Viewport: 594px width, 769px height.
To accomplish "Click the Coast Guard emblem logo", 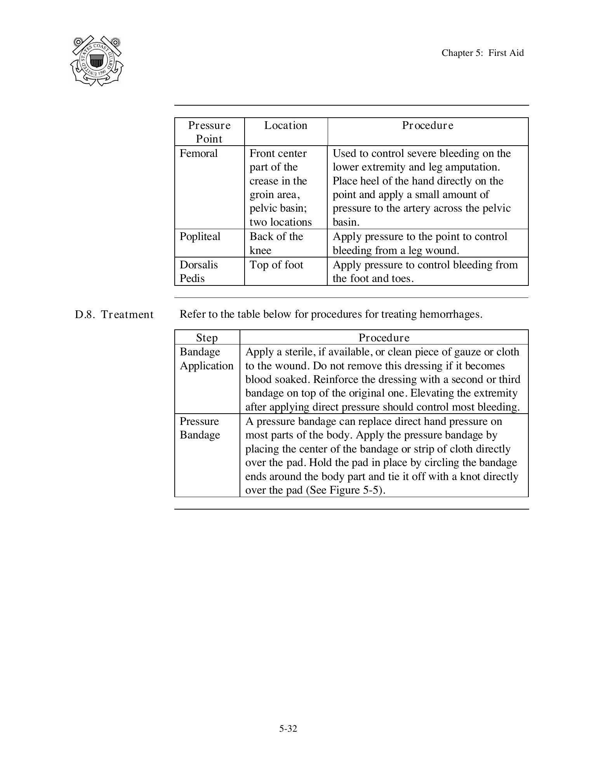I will (97, 61).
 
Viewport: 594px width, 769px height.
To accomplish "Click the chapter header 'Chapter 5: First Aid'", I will (482, 53).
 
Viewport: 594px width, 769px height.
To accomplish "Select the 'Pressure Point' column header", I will (209, 132).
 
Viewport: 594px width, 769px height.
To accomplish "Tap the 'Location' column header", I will (286, 125).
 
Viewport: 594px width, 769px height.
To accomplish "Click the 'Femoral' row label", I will (198, 153).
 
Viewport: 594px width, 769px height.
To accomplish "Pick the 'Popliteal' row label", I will (200, 237).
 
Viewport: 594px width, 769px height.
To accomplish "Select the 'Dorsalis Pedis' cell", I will (198, 271).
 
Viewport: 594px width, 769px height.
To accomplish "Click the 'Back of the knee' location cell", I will (276, 243).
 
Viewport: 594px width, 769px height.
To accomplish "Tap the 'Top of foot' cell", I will (276, 265).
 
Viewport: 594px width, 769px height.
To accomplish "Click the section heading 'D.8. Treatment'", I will (114, 314).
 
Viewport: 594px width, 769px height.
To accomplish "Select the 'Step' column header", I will (207, 338).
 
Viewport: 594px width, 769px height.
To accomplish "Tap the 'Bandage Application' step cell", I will (207, 359).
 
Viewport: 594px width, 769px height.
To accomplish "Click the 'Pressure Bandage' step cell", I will (200, 428).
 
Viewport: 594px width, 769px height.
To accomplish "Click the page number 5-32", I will (288, 729).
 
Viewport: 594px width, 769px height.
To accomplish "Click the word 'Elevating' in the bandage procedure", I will (432, 393).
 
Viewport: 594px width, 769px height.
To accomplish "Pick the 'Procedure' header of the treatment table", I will (384, 338).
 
